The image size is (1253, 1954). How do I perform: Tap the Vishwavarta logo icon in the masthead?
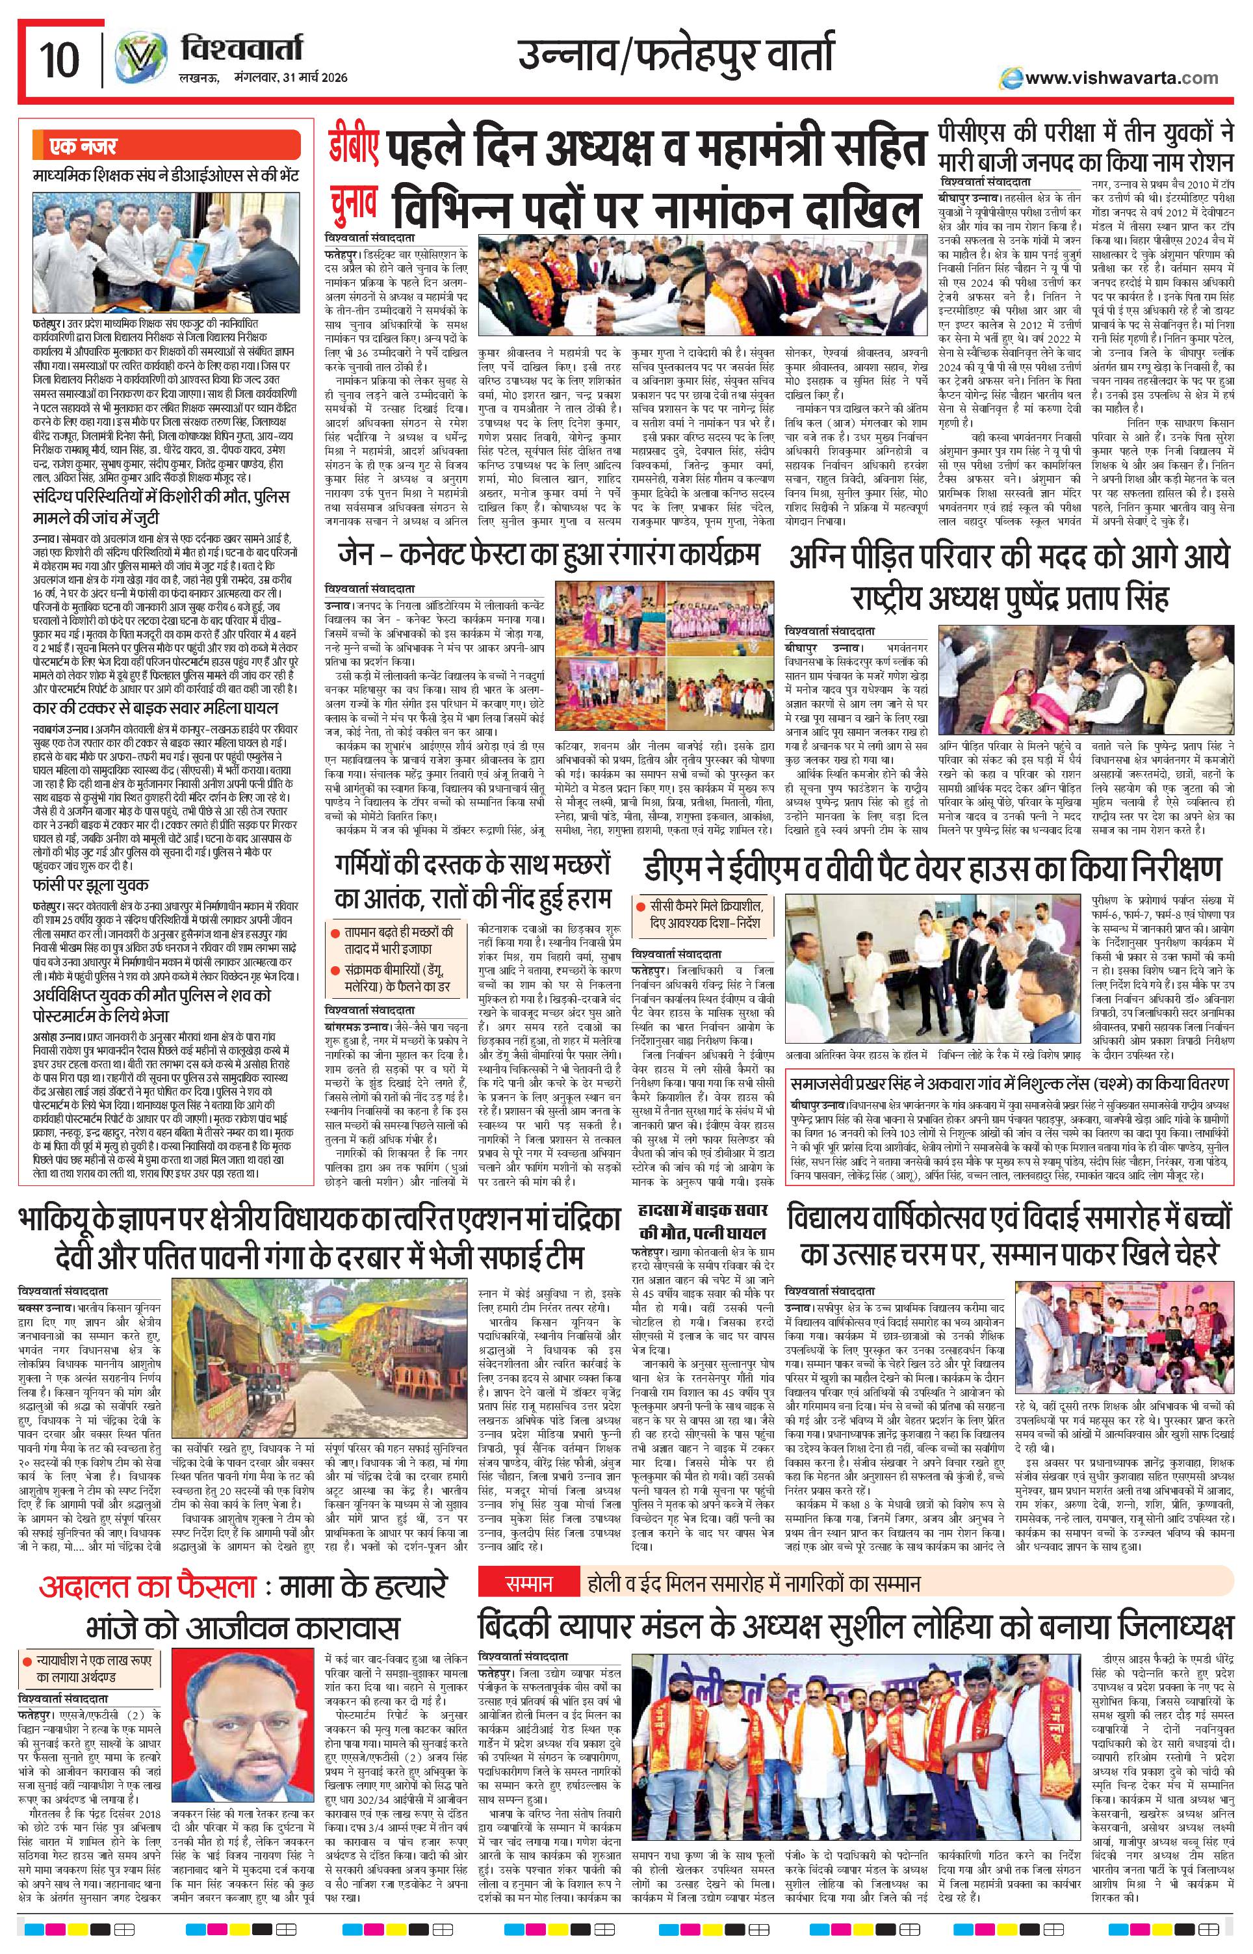135,59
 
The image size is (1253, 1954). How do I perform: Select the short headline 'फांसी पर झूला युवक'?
91,884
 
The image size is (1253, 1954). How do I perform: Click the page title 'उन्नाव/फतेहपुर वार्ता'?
675,57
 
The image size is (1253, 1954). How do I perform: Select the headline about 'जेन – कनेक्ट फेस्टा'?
549,556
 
